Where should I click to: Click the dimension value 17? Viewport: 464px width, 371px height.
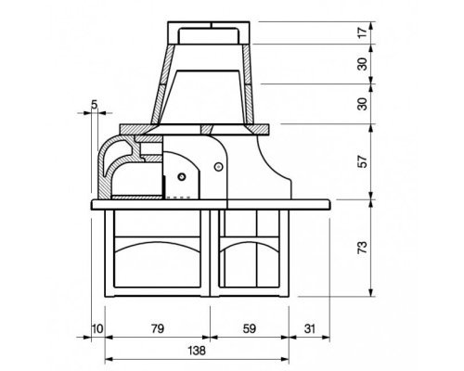coord(363,32)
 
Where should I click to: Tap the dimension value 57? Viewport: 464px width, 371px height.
coord(363,161)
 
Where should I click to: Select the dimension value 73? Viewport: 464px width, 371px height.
coord(363,248)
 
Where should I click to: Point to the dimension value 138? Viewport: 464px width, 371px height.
coord(197,351)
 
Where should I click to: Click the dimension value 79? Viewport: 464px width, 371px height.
coord(158,328)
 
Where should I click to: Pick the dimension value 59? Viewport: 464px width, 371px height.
coord(250,328)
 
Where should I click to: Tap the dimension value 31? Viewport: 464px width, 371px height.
coord(309,328)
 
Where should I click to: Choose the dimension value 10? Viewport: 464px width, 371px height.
coord(97,328)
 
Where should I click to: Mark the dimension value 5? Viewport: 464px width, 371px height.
coord(95,105)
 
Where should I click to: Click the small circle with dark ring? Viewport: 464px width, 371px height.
coord(182,177)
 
